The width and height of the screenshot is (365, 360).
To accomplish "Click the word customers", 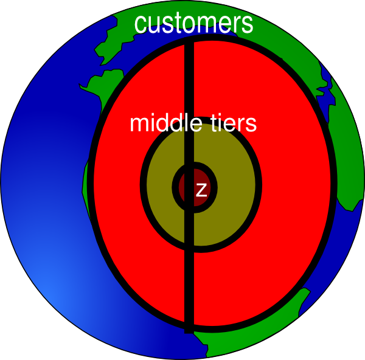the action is pyautogui.click(x=193, y=24).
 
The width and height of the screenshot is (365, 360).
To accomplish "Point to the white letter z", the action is pyautogui.click(x=201, y=190).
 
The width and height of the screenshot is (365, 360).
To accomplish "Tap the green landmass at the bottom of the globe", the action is pyautogui.click(x=247, y=335).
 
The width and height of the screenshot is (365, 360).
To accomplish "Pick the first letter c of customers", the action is pyautogui.click(x=141, y=25).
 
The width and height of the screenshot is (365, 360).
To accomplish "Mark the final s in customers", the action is pyautogui.click(x=247, y=25).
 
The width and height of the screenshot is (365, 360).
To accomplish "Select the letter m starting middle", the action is pyautogui.click(x=141, y=125).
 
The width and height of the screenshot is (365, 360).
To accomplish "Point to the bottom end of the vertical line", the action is pyautogui.click(x=189, y=333).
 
